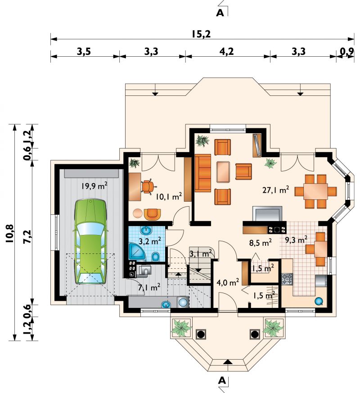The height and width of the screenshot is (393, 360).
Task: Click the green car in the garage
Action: (90, 241)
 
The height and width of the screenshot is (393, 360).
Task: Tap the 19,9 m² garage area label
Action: (94, 186)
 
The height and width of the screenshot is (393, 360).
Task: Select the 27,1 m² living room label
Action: (275, 190)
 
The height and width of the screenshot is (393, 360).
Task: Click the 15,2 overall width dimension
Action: (202, 34)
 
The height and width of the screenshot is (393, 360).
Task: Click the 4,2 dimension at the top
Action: (227, 51)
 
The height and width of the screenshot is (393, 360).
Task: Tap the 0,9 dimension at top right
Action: (347, 51)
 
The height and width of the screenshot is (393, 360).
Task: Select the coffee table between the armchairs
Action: (223, 172)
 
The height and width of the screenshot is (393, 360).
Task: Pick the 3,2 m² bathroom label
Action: (150, 241)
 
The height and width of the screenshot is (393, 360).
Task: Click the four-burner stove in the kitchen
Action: (287, 279)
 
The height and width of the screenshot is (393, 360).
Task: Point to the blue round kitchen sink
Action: (319, 301)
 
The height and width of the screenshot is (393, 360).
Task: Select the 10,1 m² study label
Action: (169, 196)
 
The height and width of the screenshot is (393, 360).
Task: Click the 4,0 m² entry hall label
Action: (228, 282)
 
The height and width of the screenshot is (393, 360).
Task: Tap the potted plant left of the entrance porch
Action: (181, 327)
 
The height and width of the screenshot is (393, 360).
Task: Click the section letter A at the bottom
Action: (222, 381)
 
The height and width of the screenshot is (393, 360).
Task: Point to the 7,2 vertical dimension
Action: (28, 236)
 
